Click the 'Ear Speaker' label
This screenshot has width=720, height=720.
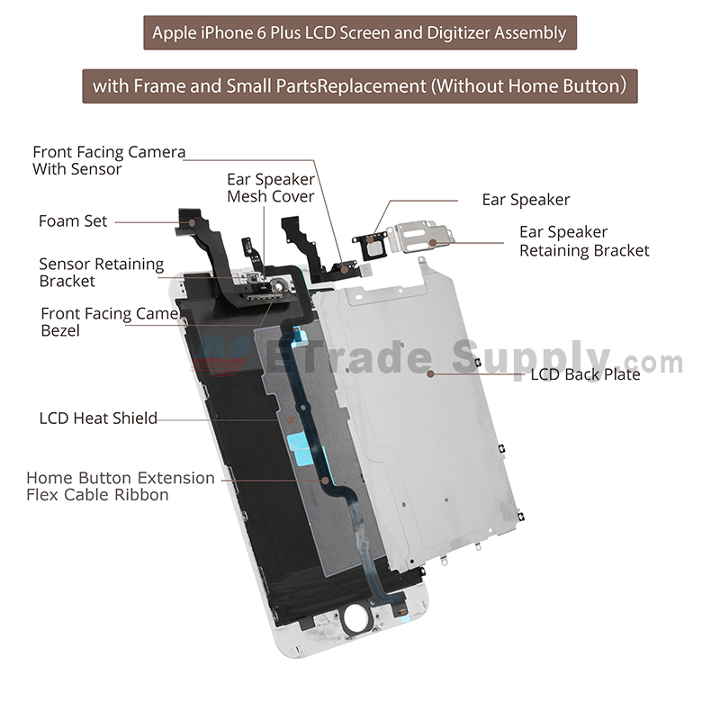tap(526, 200)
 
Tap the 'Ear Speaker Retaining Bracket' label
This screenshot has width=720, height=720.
tap(584, 241)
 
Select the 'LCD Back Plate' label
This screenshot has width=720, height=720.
tap(585, 374)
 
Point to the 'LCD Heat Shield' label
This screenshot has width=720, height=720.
tap(98, 418)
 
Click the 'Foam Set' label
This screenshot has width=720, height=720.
tap(73, 220)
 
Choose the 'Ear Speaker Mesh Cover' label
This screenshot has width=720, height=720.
tap(271, 188)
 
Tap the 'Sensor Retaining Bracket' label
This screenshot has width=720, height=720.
tap(101, 273)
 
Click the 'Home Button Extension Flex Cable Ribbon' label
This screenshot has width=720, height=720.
tap(121, 486)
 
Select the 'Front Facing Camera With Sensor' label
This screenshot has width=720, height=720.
tap(109, 160)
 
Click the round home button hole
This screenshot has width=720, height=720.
tap(355, 616)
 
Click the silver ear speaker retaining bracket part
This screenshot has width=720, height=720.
tap(421, 236)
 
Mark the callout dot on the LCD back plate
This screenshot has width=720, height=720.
tap(430, 373)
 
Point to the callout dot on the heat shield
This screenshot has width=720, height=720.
tap(290, 419)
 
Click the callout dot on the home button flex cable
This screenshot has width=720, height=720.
tap(325, 481)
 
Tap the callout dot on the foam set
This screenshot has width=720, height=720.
tap(192, 222)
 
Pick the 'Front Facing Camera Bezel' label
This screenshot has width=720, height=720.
tap(110, 322)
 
